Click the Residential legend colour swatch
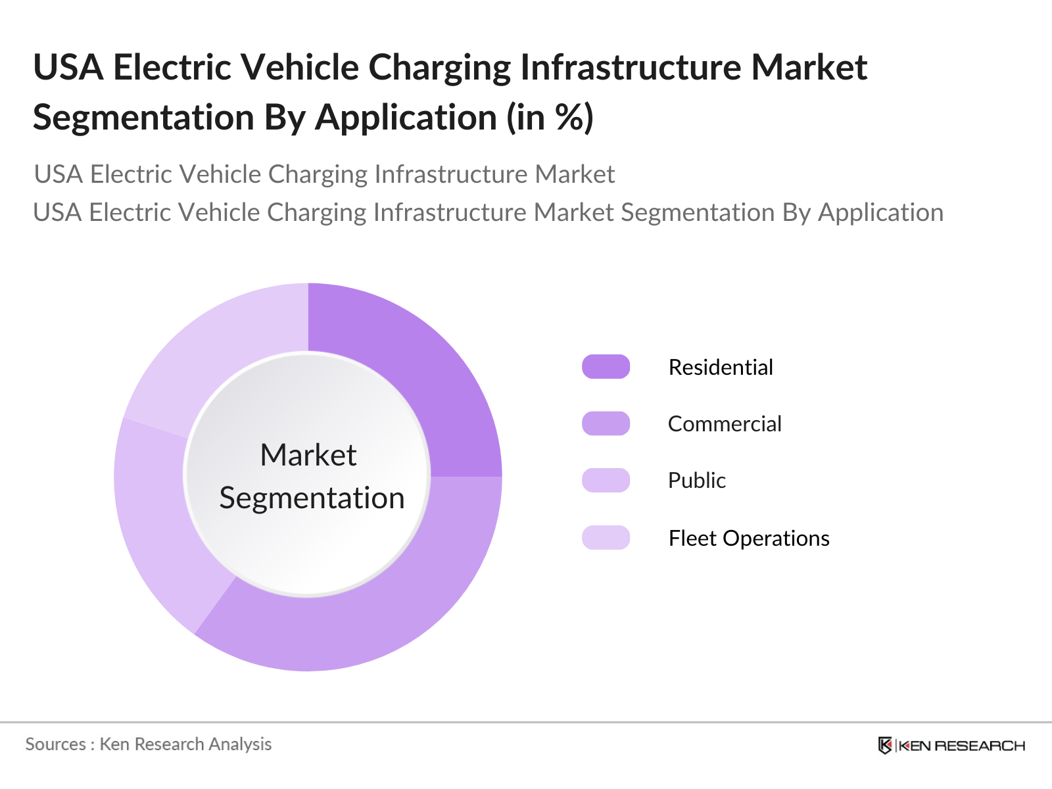point(606,367)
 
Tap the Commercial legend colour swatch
point(606,423)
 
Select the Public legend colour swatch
point(606,480)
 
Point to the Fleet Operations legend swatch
point(606,538)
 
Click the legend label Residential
point(721,367)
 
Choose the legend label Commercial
point(725,423)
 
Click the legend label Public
point(697,480)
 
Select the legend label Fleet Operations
point(749,538)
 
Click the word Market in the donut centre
point(308,455)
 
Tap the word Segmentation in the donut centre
point(312,498)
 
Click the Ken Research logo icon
point(885,746)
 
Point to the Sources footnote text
point(149,744)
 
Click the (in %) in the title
point(550,118)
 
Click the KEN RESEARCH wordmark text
point(961,746)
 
